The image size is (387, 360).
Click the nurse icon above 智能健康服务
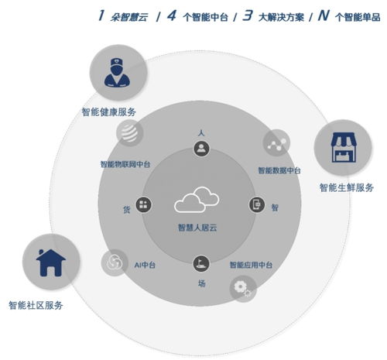[x=118, y=73]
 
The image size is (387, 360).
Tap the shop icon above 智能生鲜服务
[x=344, y=147]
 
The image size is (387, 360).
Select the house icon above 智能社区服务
[x=50, y=262]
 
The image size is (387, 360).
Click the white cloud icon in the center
[x=197, y=200]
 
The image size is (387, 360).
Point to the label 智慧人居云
[x=197, y=228]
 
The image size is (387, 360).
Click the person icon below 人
[x=201, y=149]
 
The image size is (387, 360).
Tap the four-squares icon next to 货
[x=143, y=205]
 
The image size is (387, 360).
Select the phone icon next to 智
[x=257, y=204]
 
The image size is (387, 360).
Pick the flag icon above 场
[x=201, y=263]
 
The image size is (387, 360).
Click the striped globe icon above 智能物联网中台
[x=130, y=133]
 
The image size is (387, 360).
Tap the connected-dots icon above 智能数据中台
[x=276, y=142]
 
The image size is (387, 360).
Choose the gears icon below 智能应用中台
[x=243, y=289]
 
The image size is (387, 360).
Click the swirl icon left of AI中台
[x=115, y=262]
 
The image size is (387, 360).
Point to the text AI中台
[x=145, y=265]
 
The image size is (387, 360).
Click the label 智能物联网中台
[x=125, y=164]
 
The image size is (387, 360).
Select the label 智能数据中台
[x=279, y=170]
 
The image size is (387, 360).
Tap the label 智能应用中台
[x=251, y=265]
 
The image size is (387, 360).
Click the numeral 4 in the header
[x=172, y=15]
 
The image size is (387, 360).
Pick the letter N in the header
[x=324, y=15]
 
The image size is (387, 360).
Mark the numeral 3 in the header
[x=248, y=15]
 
